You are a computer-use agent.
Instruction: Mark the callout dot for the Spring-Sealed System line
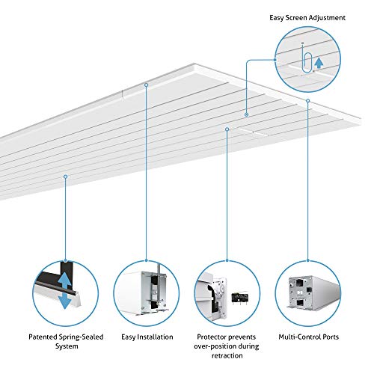coord(66,177)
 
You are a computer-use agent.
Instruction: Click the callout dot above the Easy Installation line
coord(146,85)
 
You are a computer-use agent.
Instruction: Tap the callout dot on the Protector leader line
coord(226,129)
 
